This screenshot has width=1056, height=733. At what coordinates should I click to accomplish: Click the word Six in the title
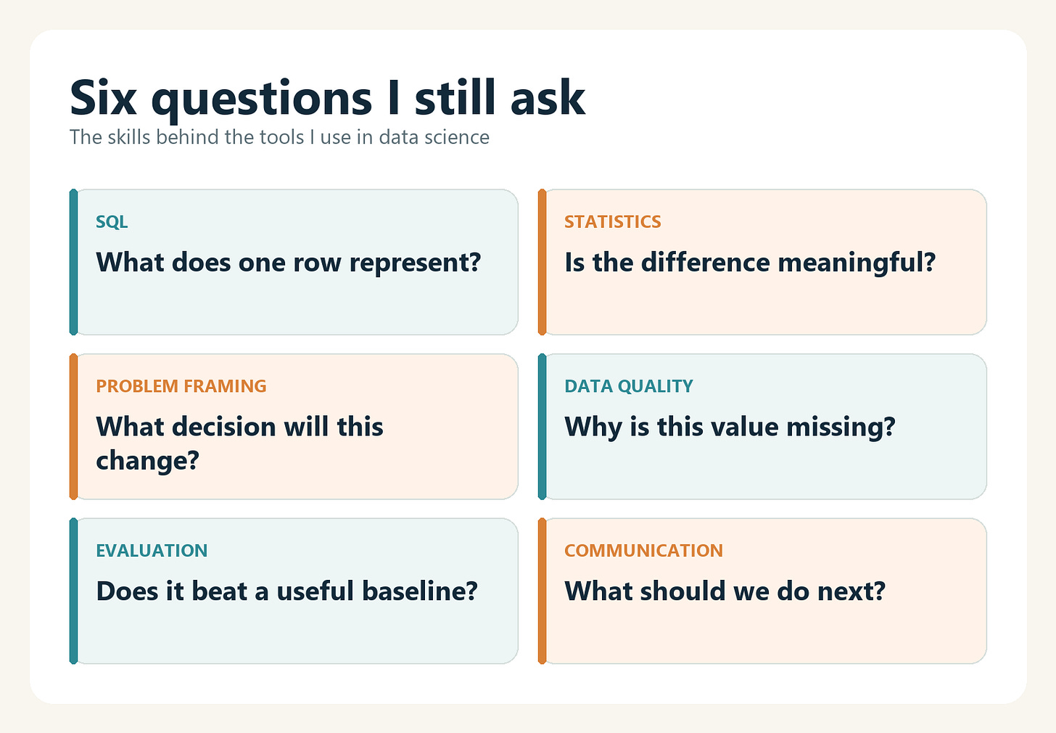coord(103,97)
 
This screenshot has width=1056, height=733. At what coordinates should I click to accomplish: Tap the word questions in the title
coord(262,101)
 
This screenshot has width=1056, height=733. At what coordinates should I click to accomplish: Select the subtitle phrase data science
coord(434,137)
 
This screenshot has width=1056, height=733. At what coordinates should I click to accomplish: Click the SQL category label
coord(112,221)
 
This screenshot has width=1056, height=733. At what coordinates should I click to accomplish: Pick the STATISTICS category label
coord(612,221)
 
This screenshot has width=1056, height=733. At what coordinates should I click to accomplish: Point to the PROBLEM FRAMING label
coord(181,386)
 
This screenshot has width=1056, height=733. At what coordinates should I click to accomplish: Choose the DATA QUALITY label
coord(628,386)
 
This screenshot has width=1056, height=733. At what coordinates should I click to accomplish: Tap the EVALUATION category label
coord(152,550)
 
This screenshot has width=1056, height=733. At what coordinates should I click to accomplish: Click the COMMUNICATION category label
coord(643,550)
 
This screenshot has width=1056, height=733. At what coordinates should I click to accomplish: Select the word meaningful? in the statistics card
coord(857,263)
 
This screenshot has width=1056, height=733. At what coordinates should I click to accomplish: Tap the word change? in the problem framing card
coord(147,460)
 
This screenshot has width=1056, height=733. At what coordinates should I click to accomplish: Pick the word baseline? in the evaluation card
coord(420,591)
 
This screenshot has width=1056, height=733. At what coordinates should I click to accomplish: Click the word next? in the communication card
coord(851,591)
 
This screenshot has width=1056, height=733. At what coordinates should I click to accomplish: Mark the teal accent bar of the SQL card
coord(73,262)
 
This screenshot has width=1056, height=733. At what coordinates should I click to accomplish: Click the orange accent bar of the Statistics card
coord(543,262)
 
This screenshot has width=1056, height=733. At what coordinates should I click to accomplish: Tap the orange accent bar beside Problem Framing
coord(73,427)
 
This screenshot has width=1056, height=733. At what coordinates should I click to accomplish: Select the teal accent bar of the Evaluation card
coord(73,591)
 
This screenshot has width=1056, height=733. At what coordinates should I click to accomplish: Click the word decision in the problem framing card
coord(224,427)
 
